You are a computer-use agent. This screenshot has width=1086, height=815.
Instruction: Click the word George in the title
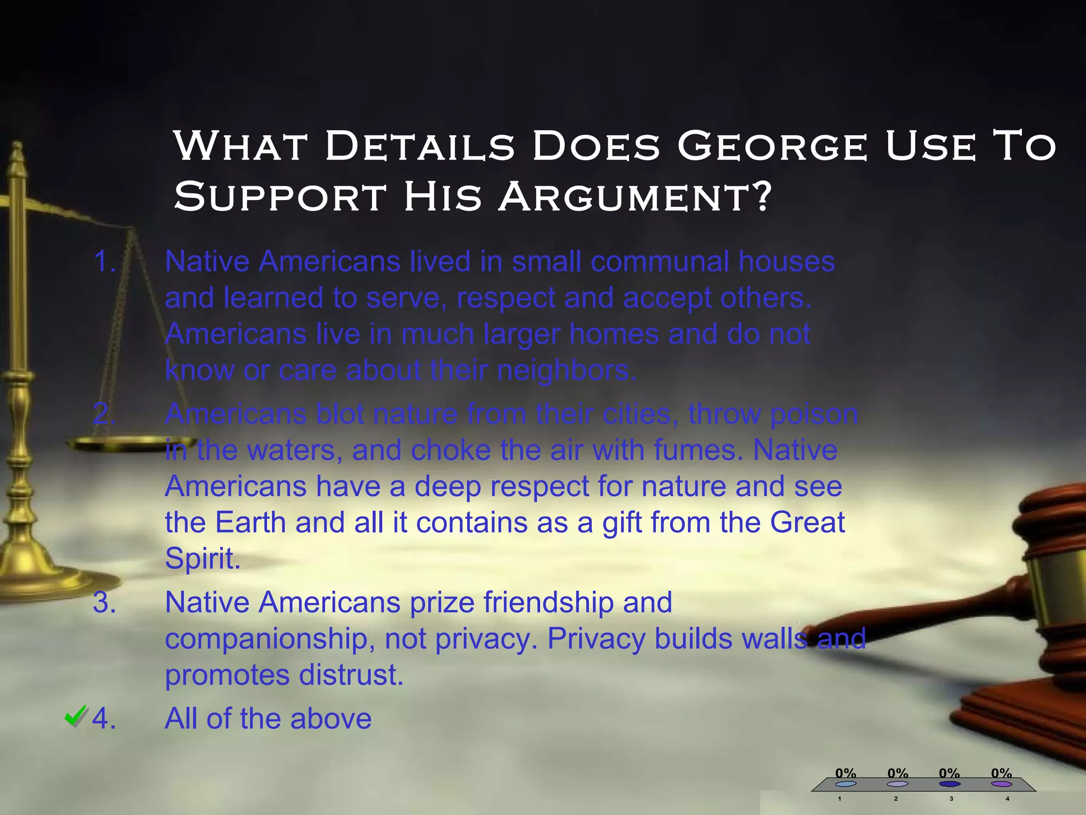pos(772,146)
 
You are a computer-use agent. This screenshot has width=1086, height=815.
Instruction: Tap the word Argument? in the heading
pos(634,197)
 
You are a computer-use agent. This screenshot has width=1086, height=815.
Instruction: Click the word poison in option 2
pos(813,414)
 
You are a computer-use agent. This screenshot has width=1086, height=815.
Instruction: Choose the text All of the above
pos(268,719)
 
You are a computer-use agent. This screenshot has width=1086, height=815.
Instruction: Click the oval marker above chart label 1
pos(846,784)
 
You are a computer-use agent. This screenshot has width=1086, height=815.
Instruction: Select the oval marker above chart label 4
pos(1002,784)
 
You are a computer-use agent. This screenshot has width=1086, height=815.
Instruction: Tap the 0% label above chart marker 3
pos(949,773)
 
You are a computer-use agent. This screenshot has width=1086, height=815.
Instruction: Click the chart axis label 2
pos(896,799)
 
